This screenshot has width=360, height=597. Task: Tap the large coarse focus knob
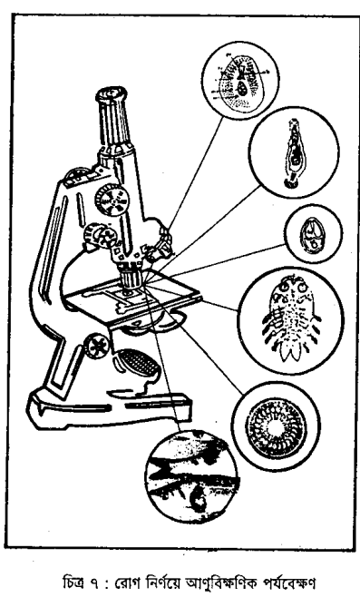[112, 200]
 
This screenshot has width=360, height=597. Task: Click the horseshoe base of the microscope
[107, 409]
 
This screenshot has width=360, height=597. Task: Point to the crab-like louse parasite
[291, 319]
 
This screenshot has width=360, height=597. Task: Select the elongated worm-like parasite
[294, 153]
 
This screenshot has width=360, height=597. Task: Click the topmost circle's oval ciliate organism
[240, 83]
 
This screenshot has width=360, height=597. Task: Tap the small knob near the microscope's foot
[95, 346]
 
